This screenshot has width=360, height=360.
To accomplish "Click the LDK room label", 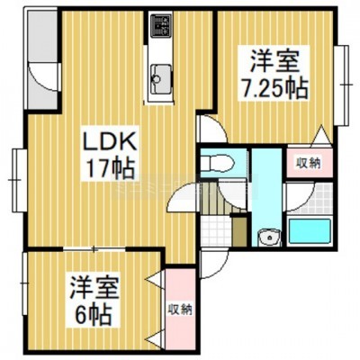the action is [x=110, y=142].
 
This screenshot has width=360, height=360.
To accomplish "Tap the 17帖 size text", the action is [x=110, y=169].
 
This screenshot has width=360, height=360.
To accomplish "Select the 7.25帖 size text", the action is [x=274, y=88].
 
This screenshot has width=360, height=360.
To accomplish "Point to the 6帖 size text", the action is [x=94, y=315].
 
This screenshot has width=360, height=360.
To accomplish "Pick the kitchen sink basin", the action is [x=161, y=79].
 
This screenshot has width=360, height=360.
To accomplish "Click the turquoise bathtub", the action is [x=309, y=229].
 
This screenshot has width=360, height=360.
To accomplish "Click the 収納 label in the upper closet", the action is [x=309, y=164].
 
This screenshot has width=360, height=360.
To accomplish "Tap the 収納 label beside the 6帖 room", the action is [x=180, y=310].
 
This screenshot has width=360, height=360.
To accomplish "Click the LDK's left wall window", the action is [x=19, y=181].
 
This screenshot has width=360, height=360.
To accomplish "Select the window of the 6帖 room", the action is [x=24, y=283].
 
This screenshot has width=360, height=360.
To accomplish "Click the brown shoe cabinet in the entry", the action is [x=239, y=230].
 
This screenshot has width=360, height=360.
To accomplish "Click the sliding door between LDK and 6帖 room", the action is [x=94, y=249].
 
